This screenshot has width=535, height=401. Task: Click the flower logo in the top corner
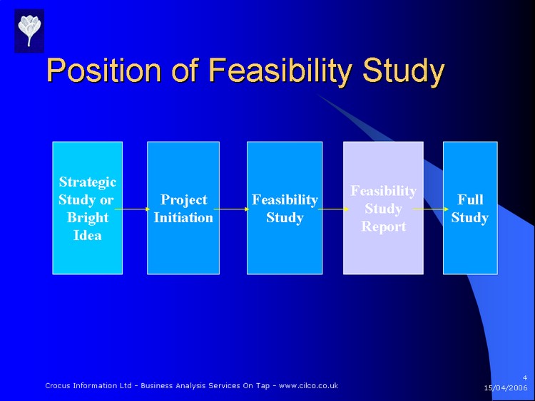click(x=29, y=31)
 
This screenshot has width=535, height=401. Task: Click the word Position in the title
click(x=104, y=72)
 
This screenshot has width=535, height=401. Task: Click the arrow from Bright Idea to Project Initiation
click(x=133, y=209)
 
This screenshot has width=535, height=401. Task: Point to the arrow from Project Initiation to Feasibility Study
click(x=230, y=209)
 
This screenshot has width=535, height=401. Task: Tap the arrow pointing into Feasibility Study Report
click(x=332, y=209)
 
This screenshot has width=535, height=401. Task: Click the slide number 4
click(x=524, y=377)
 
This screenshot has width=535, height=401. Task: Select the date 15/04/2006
click(x=506, y=388)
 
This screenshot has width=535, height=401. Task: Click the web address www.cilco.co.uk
click(x=309, y=385)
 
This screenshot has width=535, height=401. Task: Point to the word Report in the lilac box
click(x=383, y=226)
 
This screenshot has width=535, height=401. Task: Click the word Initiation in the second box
click(x=183, y=217)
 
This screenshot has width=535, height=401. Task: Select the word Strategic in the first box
click(x=87, y=182)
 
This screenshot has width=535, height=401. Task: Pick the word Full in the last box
click(x=469, y=199)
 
